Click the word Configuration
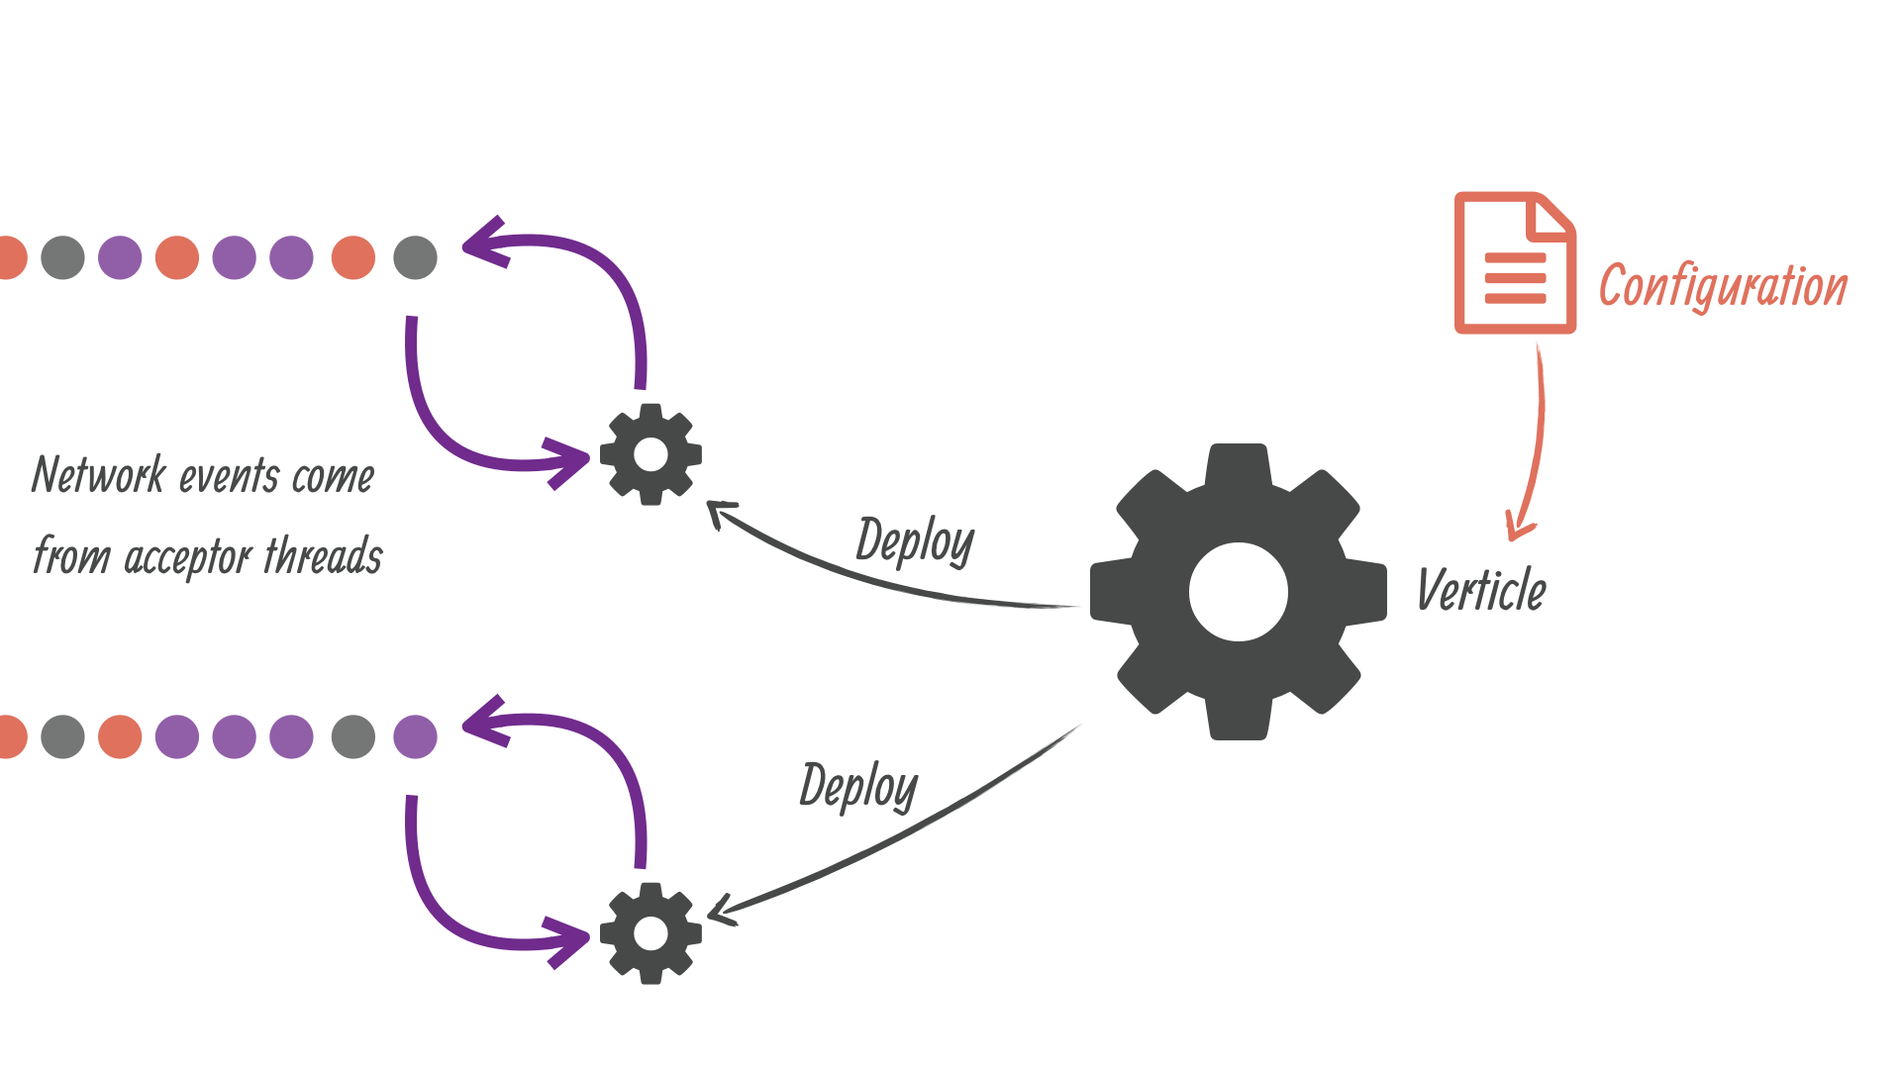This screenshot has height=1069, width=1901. (x=1723, y=286)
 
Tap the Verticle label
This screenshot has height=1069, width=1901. (x=1481, y=590)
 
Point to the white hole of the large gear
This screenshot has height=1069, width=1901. (x=1238, y=592)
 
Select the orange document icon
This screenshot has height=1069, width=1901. (x=1514, y=263)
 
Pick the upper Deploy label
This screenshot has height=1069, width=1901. (x=915, y=541)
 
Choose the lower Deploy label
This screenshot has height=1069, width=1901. (x=858, y=787)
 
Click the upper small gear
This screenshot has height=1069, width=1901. (x=650, y=454)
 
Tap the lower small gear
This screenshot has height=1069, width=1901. (x=650, y=932)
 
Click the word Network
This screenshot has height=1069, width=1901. (x=98, y=475)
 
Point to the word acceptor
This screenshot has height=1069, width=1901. (x=188, y=557)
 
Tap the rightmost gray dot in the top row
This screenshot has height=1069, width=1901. (x=415, y=257)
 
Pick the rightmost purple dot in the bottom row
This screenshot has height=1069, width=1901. (x=415, y=736)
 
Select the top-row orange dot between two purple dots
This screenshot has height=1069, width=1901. (x=177, y=257)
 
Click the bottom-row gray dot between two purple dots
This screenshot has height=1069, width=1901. (x=353, y=736)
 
